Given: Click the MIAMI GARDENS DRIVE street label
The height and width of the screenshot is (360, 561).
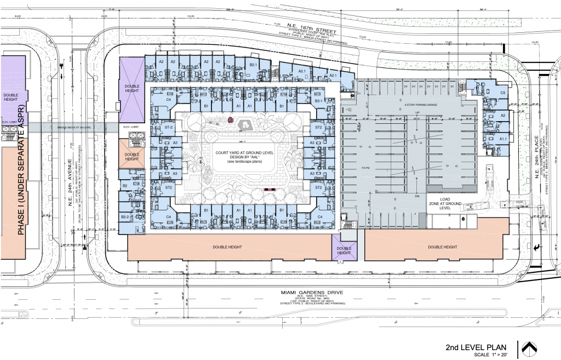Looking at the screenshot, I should [x=312, y=293].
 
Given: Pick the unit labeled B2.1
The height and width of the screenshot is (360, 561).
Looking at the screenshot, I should [x=253, y=65].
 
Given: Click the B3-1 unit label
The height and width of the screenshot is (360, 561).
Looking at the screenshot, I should [x=319, y=101].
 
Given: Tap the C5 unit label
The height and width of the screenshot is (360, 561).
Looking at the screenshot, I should [x=502, y=93].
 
